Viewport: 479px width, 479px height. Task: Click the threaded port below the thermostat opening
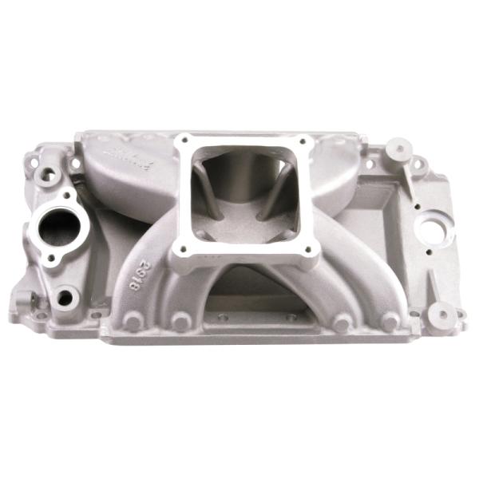point(65,298)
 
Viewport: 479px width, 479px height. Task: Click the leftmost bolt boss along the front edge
point(133,323)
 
